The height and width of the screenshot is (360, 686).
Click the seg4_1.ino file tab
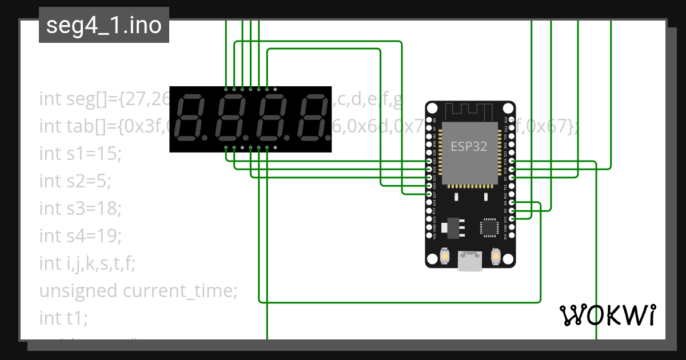[103, 25]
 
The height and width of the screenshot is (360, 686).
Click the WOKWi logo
[607, 315]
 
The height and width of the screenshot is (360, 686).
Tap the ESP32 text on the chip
[469, 146]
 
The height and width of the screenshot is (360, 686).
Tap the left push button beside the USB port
[444, 258]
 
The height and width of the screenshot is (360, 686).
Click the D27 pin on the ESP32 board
[429, 194]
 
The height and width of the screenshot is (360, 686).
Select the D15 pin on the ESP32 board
[512, 218]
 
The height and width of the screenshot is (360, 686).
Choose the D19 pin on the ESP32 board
[512, 162]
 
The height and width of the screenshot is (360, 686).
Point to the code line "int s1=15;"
[81, 153]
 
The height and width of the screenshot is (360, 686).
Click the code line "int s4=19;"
[81, 235]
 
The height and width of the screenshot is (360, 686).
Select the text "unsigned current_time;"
[138, 291]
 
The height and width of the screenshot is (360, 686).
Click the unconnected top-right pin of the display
[275, 89]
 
